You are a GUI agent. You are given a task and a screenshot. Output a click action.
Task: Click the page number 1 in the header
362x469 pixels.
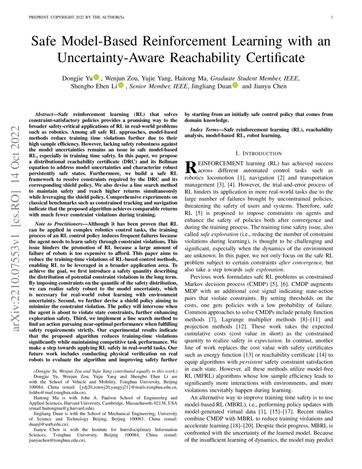tap(331, 17)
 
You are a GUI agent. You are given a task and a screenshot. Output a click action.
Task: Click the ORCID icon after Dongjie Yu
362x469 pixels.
tap(96, 78)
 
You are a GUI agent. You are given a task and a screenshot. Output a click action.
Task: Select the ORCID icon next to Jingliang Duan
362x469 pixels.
tap(235, 86)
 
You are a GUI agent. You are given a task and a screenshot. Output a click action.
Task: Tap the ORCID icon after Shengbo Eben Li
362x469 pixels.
tap(121, 86)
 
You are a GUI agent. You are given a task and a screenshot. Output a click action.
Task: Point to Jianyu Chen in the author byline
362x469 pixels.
tap(270, 86)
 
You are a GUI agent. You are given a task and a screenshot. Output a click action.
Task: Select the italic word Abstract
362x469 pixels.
tap(43, 115)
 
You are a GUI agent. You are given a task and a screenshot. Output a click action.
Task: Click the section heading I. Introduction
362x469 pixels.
tap(259, 153)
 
